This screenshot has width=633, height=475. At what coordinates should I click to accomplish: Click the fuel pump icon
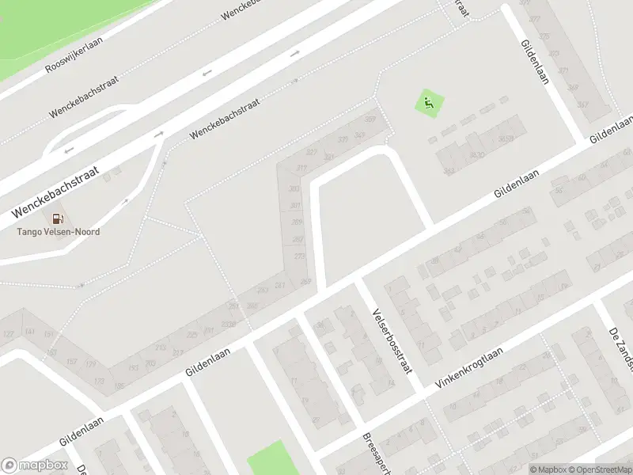pos(57,218)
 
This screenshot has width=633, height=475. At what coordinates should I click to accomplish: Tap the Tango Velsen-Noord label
pos(59,232)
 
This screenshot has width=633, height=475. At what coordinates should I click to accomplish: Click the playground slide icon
pos(429,103)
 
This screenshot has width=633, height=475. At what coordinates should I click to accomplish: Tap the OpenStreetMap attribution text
pos(597,469)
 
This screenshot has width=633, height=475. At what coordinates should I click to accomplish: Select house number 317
pos(301,168)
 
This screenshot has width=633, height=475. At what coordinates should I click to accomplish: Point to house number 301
pos(295,206)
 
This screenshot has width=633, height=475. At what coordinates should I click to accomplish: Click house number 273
pos(299,256)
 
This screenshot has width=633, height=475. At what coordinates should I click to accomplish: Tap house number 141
pos(30,332)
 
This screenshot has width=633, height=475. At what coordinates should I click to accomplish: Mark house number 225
pos(191,335)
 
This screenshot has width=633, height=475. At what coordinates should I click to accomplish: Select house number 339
pos(343,139)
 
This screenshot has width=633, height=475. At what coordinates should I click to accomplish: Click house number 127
pos(8,335)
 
